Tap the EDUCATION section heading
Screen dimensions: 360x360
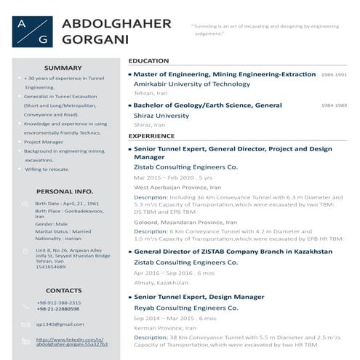[148, 61]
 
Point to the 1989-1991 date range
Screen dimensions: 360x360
[334, 75]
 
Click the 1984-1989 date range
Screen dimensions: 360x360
[334, 105]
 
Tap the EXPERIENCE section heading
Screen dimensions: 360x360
[151, 135]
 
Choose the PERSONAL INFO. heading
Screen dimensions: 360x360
[64, 191]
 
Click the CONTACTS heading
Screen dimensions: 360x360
[64, 290]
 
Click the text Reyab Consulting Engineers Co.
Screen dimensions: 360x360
[185, 308]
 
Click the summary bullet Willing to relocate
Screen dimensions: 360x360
[48, 169]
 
